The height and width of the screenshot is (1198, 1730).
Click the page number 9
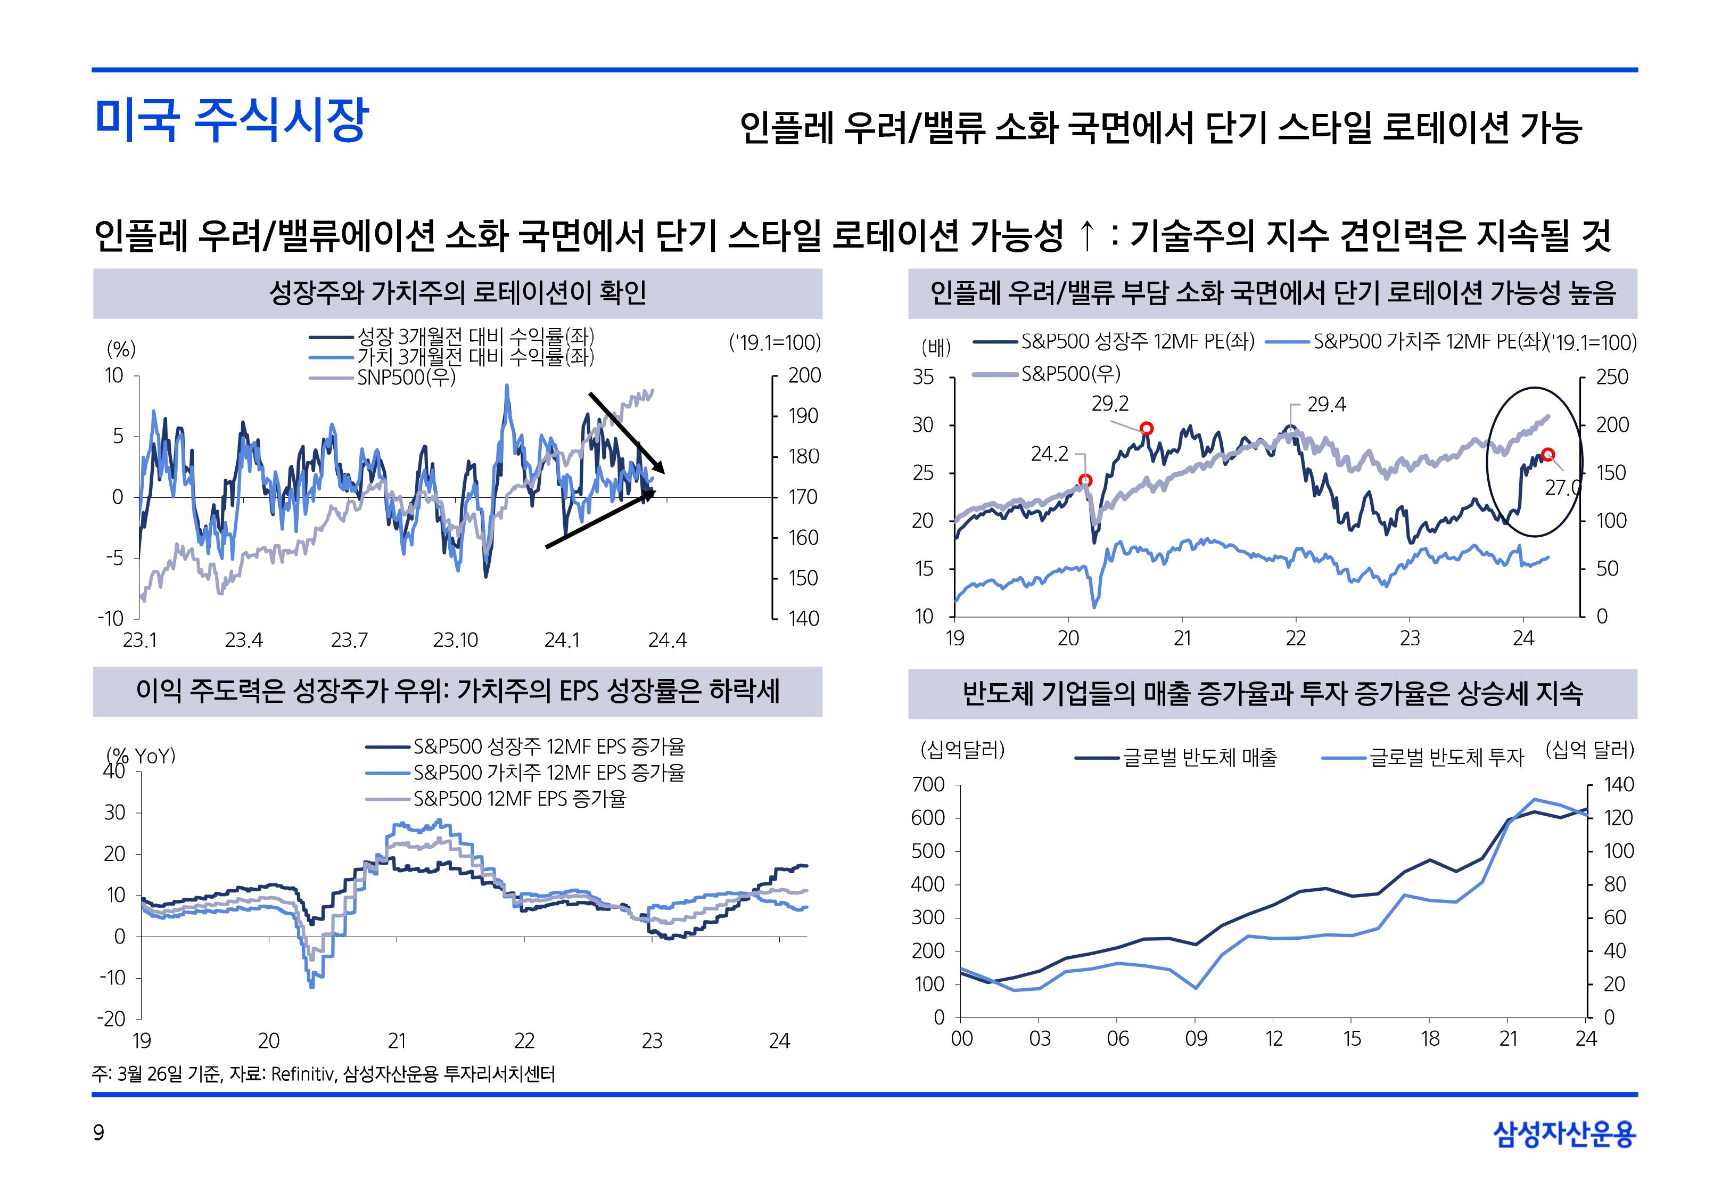pos(98,1133)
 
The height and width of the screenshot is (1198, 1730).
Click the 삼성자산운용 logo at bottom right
pos(1564,1134)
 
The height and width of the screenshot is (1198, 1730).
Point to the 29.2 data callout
pos(1109,404)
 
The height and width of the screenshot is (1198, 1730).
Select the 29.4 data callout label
pos(1327,405)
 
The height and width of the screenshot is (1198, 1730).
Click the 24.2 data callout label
pos(1049,454)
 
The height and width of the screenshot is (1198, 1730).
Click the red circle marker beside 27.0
pos(1548,454)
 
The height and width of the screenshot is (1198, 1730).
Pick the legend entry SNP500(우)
pos(406,378)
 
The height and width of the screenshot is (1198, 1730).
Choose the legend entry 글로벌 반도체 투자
pos(1446,757)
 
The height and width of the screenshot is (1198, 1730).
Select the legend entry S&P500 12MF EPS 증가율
pos(519,798)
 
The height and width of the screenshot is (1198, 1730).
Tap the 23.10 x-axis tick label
pos(455,641)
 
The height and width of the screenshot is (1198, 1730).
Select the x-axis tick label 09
pos(1196,1039)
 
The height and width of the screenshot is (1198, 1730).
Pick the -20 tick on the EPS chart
pos(111,1019)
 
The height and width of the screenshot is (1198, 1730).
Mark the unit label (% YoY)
pos(141,755)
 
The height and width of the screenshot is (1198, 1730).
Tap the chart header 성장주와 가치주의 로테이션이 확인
pos(458,293)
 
